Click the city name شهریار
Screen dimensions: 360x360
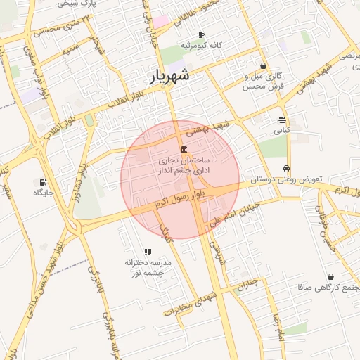coord(170,76)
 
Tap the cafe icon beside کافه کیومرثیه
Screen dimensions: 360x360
coord(201,35)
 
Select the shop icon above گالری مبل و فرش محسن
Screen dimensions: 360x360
coord(263,65)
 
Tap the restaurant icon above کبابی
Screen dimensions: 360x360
coord(282,120)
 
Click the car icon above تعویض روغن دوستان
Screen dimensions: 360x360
coord(286,168)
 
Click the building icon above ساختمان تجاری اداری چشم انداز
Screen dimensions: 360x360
coord(184,149)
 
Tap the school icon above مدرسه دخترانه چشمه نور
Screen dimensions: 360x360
coord(148,251)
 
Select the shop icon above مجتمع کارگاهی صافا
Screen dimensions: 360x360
coord(330,277)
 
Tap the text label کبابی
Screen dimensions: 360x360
coord(281,131)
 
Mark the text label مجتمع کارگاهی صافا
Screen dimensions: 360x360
coord(329,288)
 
